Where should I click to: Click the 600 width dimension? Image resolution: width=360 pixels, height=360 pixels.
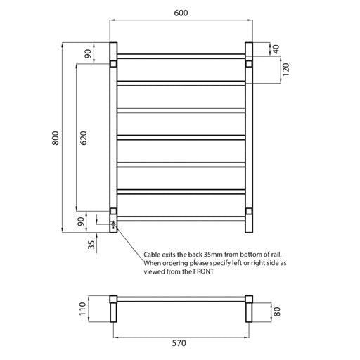click(x=180, y=13)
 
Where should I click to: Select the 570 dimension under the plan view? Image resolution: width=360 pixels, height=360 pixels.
click(x=180, y=345)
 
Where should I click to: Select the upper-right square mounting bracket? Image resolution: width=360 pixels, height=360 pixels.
click(x=247, y=65)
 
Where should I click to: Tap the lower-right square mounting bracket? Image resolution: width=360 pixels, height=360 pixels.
click(x=247, y=210)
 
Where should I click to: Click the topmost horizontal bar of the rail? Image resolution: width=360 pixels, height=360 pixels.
click(x=180, y=54)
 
